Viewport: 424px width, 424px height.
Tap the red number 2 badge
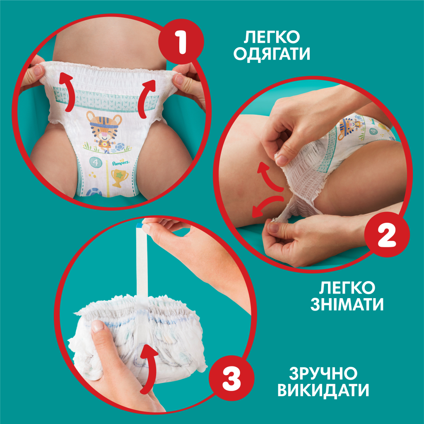(x=387, y=236)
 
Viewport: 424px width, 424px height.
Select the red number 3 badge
(x=231, y=376)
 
